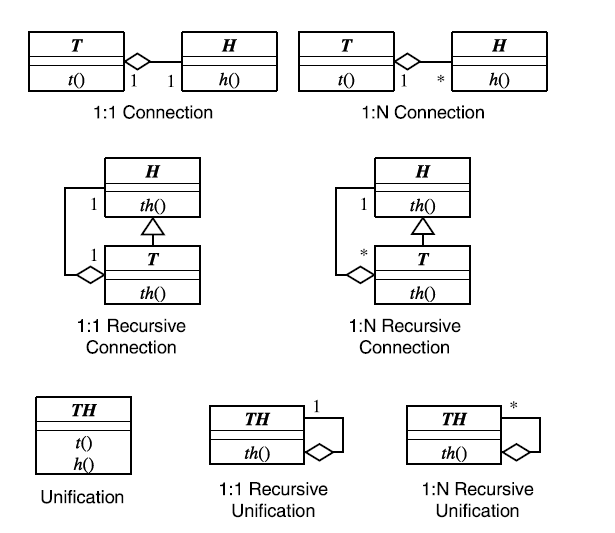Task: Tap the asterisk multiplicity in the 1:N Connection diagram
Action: coord(438,79)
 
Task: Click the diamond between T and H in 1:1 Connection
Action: coord(137,62)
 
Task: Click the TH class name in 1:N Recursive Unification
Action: coord(452,419)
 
